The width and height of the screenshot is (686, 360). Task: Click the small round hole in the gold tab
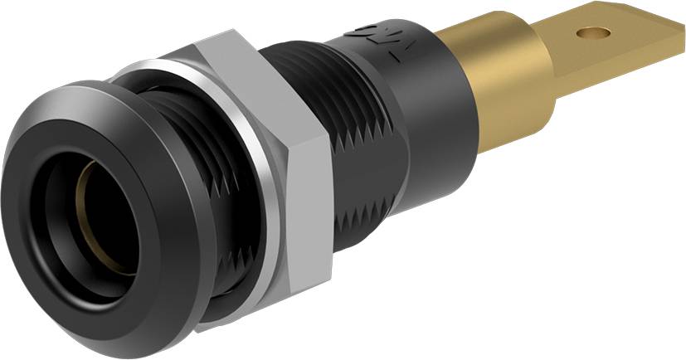[x=590, y=33]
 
